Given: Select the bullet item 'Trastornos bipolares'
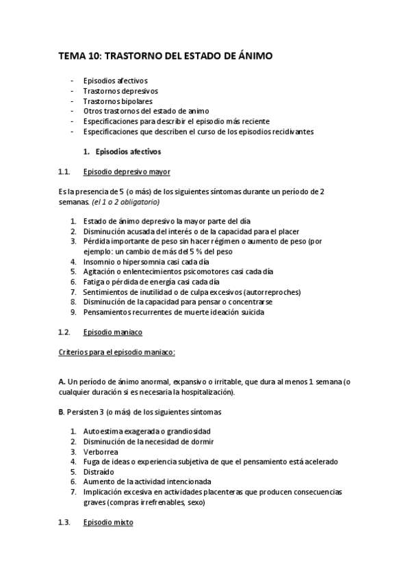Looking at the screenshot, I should tap(114, 101).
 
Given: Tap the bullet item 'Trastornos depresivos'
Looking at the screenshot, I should tap(120, 90).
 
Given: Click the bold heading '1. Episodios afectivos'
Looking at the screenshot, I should tap(122, 150).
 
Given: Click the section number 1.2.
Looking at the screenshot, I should tap(64, 332).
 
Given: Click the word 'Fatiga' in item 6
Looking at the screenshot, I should tap(94, 282).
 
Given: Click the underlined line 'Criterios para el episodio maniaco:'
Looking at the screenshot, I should tap(117, 352).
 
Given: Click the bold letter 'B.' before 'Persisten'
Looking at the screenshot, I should tap(62, 412).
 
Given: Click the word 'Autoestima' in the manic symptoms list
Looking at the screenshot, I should tap(103, 432).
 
